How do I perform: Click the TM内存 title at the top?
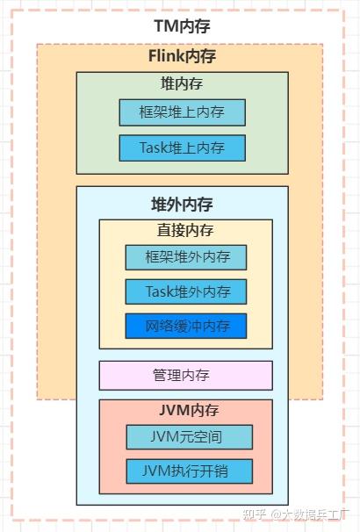click(x=183, y=26)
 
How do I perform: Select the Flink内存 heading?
click(x=183, y=56)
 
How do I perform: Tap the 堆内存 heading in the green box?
click(x=182, y=83)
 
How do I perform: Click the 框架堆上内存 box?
click(x=183, y=112)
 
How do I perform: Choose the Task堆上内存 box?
click(x=183, y=148)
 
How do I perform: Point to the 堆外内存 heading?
click(x=183, y=205)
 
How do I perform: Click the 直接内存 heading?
click(x=185, y=230)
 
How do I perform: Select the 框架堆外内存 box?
click(x=186, y=257)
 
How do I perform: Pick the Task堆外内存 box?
click(x=186, y=291)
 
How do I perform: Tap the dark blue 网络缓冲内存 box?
click(x=186, y=326)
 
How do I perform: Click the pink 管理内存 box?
click(x=185, y=376)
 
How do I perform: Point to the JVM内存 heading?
click(x=189, y=411)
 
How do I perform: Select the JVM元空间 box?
click(x=190, y=437)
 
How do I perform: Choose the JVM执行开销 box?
click(x=190, y=471)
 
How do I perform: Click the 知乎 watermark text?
click(x=255, y=514)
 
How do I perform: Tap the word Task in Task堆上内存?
click(x=154, y=148)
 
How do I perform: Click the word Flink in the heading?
click(x=164, y=56)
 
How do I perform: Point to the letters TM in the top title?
click(x=167, y=26)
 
